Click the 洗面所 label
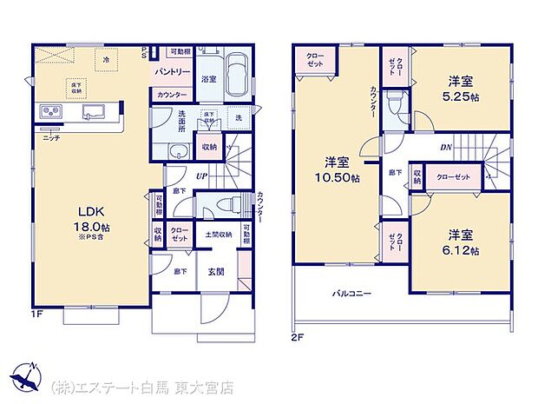(x=181, y=123)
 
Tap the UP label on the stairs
(x=201, y=177)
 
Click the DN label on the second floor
(x=445, y=148)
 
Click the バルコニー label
(x=352, y=293)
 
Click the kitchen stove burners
(x=49, y=112)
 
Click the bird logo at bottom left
(x=25, y=379)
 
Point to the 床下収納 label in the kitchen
(x=77, y=87)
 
